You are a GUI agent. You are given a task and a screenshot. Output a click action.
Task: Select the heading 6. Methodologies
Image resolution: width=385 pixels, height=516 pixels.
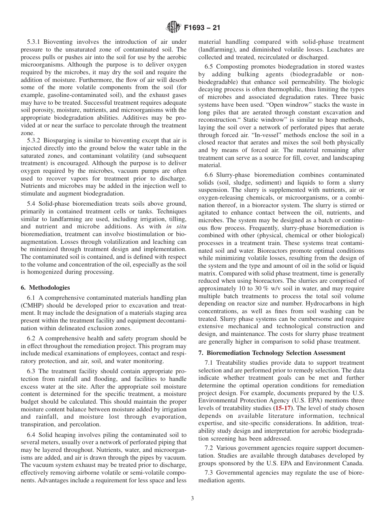[45, 288]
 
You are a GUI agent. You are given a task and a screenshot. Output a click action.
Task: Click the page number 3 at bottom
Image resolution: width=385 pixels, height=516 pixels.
[192, 499]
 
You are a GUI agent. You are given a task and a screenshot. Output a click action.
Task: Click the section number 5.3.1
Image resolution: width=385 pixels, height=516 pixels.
[34, 42]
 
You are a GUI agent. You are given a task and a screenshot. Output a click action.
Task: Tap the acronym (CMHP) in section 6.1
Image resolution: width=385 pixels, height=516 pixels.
[31, 305]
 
